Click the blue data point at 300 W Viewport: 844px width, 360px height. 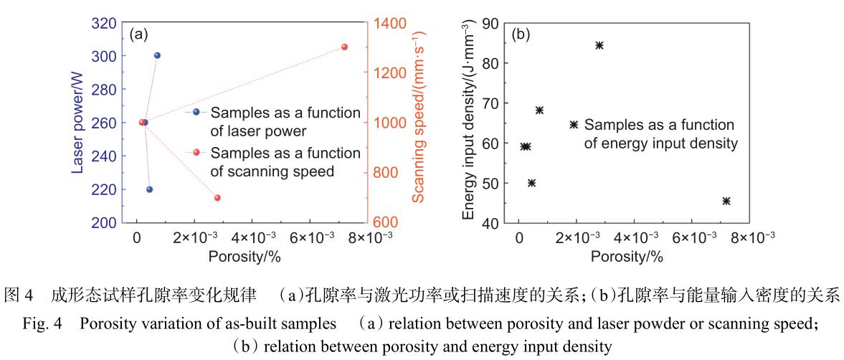click(x=157, y=56)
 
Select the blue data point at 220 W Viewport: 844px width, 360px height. click(x=149, y=189)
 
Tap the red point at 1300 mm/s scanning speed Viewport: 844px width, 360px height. click(x=344, y=47)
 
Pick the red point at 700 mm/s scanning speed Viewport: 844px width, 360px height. click(x=217, y=198)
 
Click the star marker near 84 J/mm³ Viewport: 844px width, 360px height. click(x=599, y=45)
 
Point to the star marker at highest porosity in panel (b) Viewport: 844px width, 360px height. click(x=726, y=202)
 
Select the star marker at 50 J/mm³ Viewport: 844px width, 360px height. click(x=531, y=183)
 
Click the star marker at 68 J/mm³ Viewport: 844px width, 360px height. click(x=540, y=110)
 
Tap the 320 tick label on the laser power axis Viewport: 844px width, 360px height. click(x=104, y=23)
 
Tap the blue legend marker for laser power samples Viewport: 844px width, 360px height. click(x=196, y=113)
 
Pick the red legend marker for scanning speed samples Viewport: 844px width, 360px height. click(x=196, y=153)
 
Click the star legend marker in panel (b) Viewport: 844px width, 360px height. click(x=574, y=125)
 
